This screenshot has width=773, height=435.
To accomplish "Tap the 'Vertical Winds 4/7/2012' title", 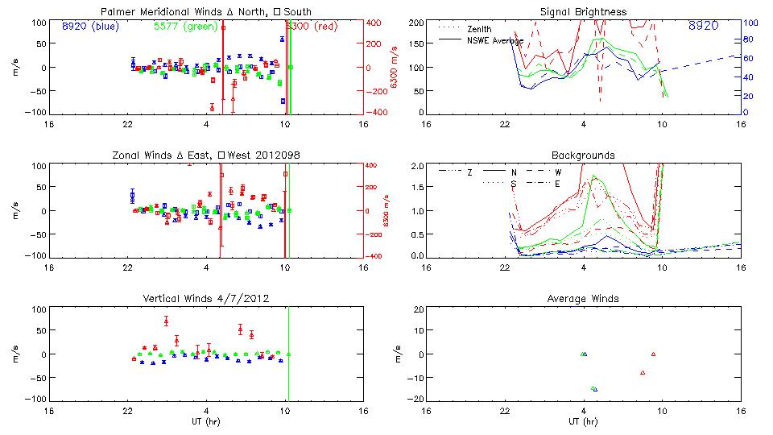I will click(207, 299).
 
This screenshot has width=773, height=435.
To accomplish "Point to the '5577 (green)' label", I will click(185, 26).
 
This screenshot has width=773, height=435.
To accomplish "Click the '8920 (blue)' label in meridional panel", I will click(90, 26).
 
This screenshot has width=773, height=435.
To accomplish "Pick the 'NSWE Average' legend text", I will click(495, 40).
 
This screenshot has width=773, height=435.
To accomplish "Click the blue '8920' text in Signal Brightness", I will click(703, 26).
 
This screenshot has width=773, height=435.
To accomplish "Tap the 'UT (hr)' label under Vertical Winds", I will click(207, 421).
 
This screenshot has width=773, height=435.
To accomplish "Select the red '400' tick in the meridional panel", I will click(374, 22).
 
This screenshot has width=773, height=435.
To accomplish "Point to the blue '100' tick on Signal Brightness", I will click(747, 23).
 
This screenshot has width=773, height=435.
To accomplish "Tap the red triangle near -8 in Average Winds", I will click(643, 372).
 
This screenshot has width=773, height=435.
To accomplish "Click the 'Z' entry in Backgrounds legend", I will click(469, 172).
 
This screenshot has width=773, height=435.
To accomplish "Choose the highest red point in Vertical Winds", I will click(166, 321).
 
